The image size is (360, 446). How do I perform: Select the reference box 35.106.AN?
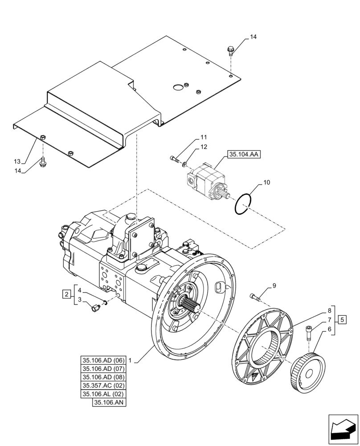[110, 403]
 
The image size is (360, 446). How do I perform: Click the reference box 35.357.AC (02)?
[103, 385]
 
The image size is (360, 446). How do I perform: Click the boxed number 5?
[342, 319]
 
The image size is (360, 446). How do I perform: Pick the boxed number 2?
[66, 293]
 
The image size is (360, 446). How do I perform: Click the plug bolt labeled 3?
[95, 308]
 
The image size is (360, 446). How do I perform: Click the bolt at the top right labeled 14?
[231, 50]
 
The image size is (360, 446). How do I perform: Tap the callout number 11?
[203, 137]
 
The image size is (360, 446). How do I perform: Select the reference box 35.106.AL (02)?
[103, 394]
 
